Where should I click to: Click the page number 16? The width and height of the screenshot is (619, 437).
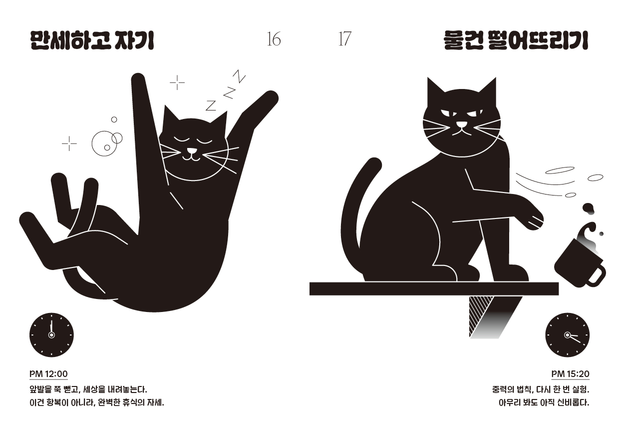tap(274, 39)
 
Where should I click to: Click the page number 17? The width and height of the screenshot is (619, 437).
tap(344, 39)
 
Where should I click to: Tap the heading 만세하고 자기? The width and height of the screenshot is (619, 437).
tap(92, 40)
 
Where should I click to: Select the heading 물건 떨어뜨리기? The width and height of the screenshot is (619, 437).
tap(516, 40)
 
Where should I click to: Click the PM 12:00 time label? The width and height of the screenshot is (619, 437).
tap(48, 374)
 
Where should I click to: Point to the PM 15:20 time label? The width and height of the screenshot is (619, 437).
tap(571, 374)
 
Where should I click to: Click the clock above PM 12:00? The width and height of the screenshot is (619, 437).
tap(52, 335)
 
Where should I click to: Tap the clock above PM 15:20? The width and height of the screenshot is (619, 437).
tap(567, 335)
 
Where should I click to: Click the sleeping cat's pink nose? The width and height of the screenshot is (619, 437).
tap(192, 151)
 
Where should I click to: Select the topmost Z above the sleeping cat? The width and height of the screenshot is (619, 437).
tap(239, 76)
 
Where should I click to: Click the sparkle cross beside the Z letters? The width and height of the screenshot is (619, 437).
tap(177, 82)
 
